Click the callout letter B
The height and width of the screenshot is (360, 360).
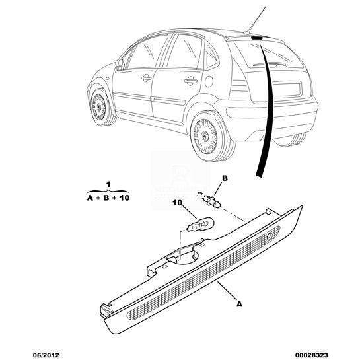coord(225,178)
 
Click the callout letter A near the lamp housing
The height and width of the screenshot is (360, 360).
coord(240,305)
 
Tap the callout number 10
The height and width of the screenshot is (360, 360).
coord(177,203)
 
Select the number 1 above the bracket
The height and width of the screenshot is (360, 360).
coord(108,184)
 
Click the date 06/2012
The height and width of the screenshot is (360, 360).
coord(46,355)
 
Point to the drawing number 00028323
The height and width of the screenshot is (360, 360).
coord(311,355)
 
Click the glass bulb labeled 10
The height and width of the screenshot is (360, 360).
coord(200,225)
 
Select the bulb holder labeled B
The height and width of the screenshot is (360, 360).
coord(209,199)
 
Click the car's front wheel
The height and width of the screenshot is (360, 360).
coord(100,106)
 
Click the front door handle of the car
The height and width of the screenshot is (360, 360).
coord(146,79)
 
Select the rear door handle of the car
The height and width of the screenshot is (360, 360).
coord(191,81)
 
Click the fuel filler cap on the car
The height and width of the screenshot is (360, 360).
coord(209,81)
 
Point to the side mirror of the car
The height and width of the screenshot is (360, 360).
coord(120,63)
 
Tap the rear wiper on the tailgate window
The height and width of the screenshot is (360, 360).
coord(270,65)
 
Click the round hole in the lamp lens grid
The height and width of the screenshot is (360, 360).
coord(270,236)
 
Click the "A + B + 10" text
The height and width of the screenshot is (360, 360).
coord(108,198)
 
